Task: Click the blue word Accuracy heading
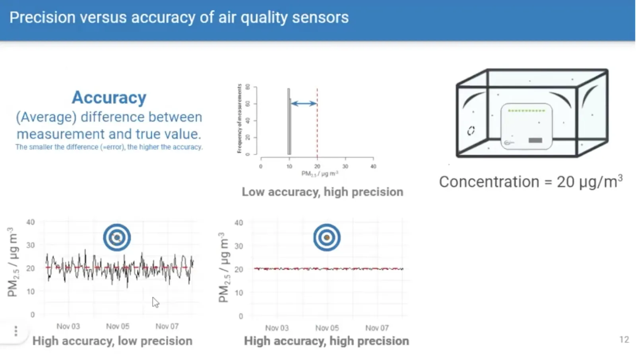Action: pyautogui.click(x=109, y=98)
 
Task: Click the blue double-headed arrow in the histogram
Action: pyautogui.click(x=304, y=104)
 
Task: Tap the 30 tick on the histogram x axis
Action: pyautogui.click(x=345, y=166)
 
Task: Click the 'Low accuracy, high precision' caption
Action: pyautogui.click(x=322, y=192)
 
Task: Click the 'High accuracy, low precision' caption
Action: pyautogui.click(x=112, y=341)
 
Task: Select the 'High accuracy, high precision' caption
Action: pyautogui.click(x=326, y=341)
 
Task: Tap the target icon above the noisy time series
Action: pyautogui.click(x=117, y=238)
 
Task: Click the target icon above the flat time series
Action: pyautogui.click(x=327, y=238)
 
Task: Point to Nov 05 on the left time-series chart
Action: pyautogui.click(x=118, y=326)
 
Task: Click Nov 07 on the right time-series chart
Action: pyautogui.click(x=377, y=328)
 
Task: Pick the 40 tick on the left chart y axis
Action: pyautogui.click(x=31, y=222)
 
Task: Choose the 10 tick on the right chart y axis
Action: pyautogui.click(x=238, y=293)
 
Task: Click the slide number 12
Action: pyautogui.click(x=624, y=340)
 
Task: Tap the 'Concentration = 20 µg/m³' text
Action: pyautogui.click(x=531, y=182)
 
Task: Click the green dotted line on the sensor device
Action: pyautogui.click(x=526, y=110)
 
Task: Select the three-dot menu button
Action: pyautogui.click(x=16, y=331)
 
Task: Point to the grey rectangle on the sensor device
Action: pyautogui.click(x=535, y=140)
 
